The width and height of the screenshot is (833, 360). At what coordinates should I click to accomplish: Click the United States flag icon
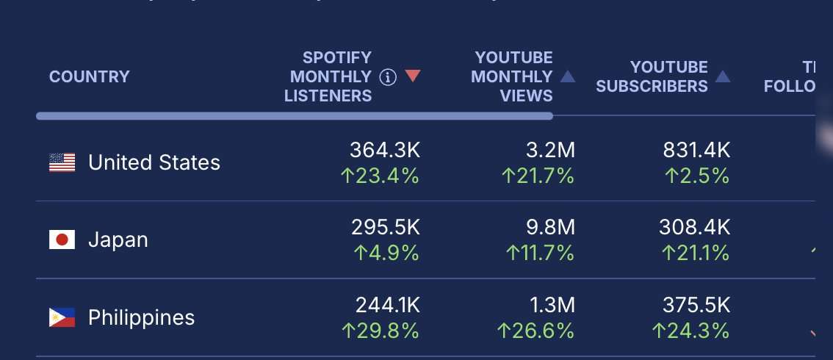(62, 162)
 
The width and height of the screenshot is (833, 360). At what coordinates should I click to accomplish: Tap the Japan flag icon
(62, 240)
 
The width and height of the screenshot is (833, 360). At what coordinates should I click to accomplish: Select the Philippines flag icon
(62, 317)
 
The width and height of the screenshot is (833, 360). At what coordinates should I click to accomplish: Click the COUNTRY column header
(89, 76)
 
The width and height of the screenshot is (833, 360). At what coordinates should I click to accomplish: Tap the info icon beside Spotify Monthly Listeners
(388, 76)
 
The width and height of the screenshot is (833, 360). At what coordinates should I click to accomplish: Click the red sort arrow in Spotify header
(412, 76)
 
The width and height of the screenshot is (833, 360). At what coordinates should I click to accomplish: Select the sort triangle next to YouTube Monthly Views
(567, 76)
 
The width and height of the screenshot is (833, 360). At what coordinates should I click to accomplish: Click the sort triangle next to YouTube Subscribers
(723, 76)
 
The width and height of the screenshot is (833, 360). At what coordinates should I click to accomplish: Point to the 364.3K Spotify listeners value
(385, 151)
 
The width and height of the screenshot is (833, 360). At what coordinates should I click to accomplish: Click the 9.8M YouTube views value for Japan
(550, 228)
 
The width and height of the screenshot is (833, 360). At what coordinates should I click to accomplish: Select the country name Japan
(118, 240)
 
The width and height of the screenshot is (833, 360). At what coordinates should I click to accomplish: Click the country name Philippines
(142, 317)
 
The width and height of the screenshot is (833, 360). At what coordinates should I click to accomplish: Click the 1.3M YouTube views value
(550, 306)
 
